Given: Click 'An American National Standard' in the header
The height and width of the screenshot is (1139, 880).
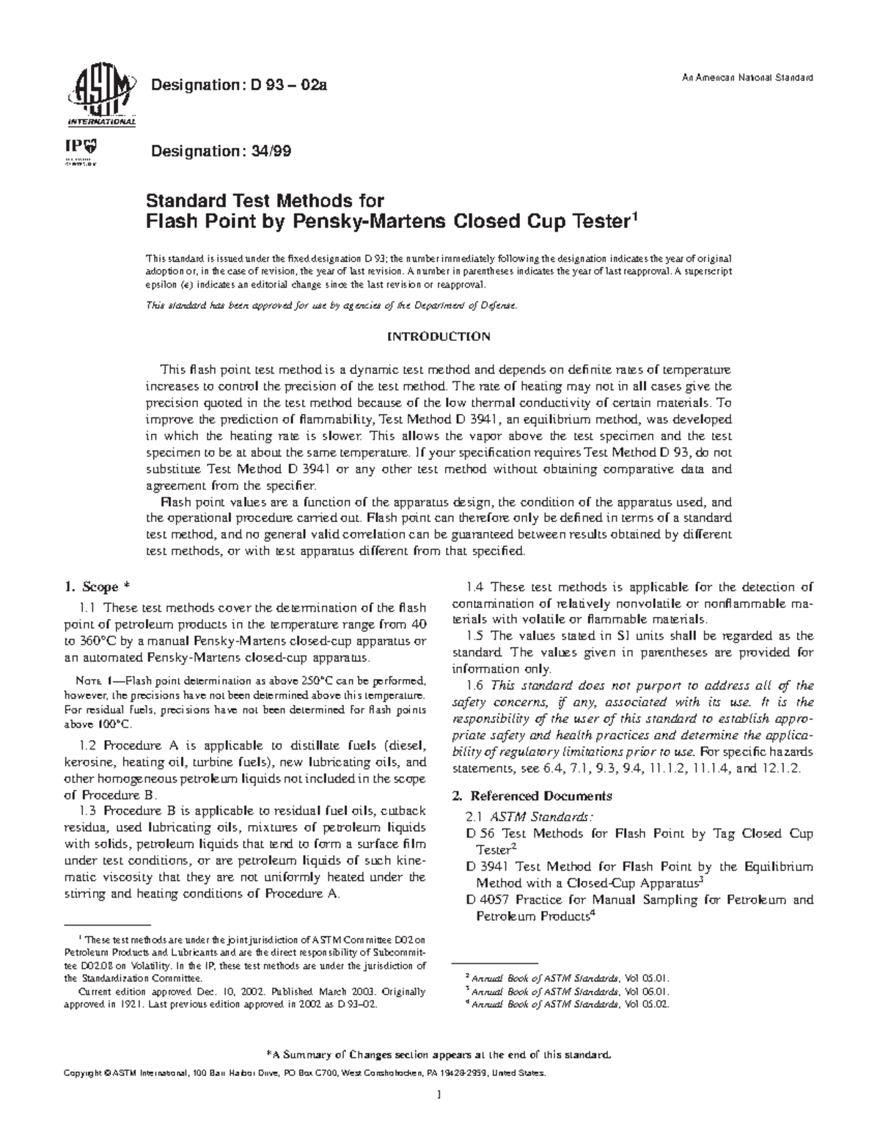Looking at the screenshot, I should [752, 78].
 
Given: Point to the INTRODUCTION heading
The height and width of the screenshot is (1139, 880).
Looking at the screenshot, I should [439, 337].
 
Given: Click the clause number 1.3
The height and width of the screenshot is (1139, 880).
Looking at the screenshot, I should [87, 810].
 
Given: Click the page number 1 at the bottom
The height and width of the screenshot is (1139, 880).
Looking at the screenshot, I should [439, 1116].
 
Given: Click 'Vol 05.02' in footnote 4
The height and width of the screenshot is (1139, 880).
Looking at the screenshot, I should [646, 1004].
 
